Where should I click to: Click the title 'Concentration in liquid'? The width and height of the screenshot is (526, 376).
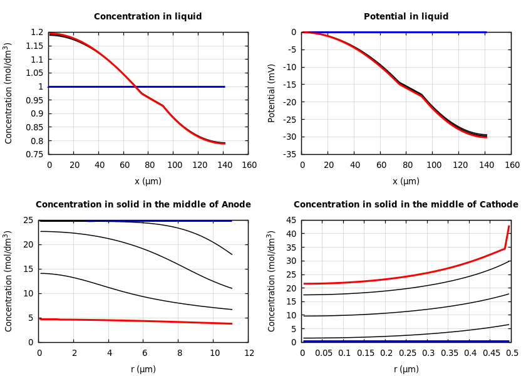(x=148, y=17)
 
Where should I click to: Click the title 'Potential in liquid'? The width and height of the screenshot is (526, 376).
(x=406, y=17)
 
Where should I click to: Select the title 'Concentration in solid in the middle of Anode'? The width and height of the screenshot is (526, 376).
(x=143, y=205)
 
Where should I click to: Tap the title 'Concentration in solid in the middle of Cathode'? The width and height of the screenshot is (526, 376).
(x=406, y=205)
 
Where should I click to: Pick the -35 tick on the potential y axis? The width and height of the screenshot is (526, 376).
(x=289, y=154)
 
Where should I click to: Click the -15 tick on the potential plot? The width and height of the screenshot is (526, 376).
(x=289, y=85)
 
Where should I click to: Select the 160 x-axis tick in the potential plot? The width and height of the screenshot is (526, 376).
(x=512, y=165)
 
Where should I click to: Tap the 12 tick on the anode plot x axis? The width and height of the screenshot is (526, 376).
(x=249, y=353)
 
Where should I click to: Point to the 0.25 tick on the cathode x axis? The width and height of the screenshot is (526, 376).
(x=407, y=353)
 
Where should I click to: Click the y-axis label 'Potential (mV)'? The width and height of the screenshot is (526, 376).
(x=272, y=93)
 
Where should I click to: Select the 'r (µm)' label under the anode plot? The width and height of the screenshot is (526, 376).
(x=143, y=369)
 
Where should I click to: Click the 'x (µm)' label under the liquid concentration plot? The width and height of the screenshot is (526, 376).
(x=148, y=181)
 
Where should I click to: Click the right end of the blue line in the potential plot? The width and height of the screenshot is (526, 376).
(x=486, y=32)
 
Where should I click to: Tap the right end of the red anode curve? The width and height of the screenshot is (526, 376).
(x=232, y=323)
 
